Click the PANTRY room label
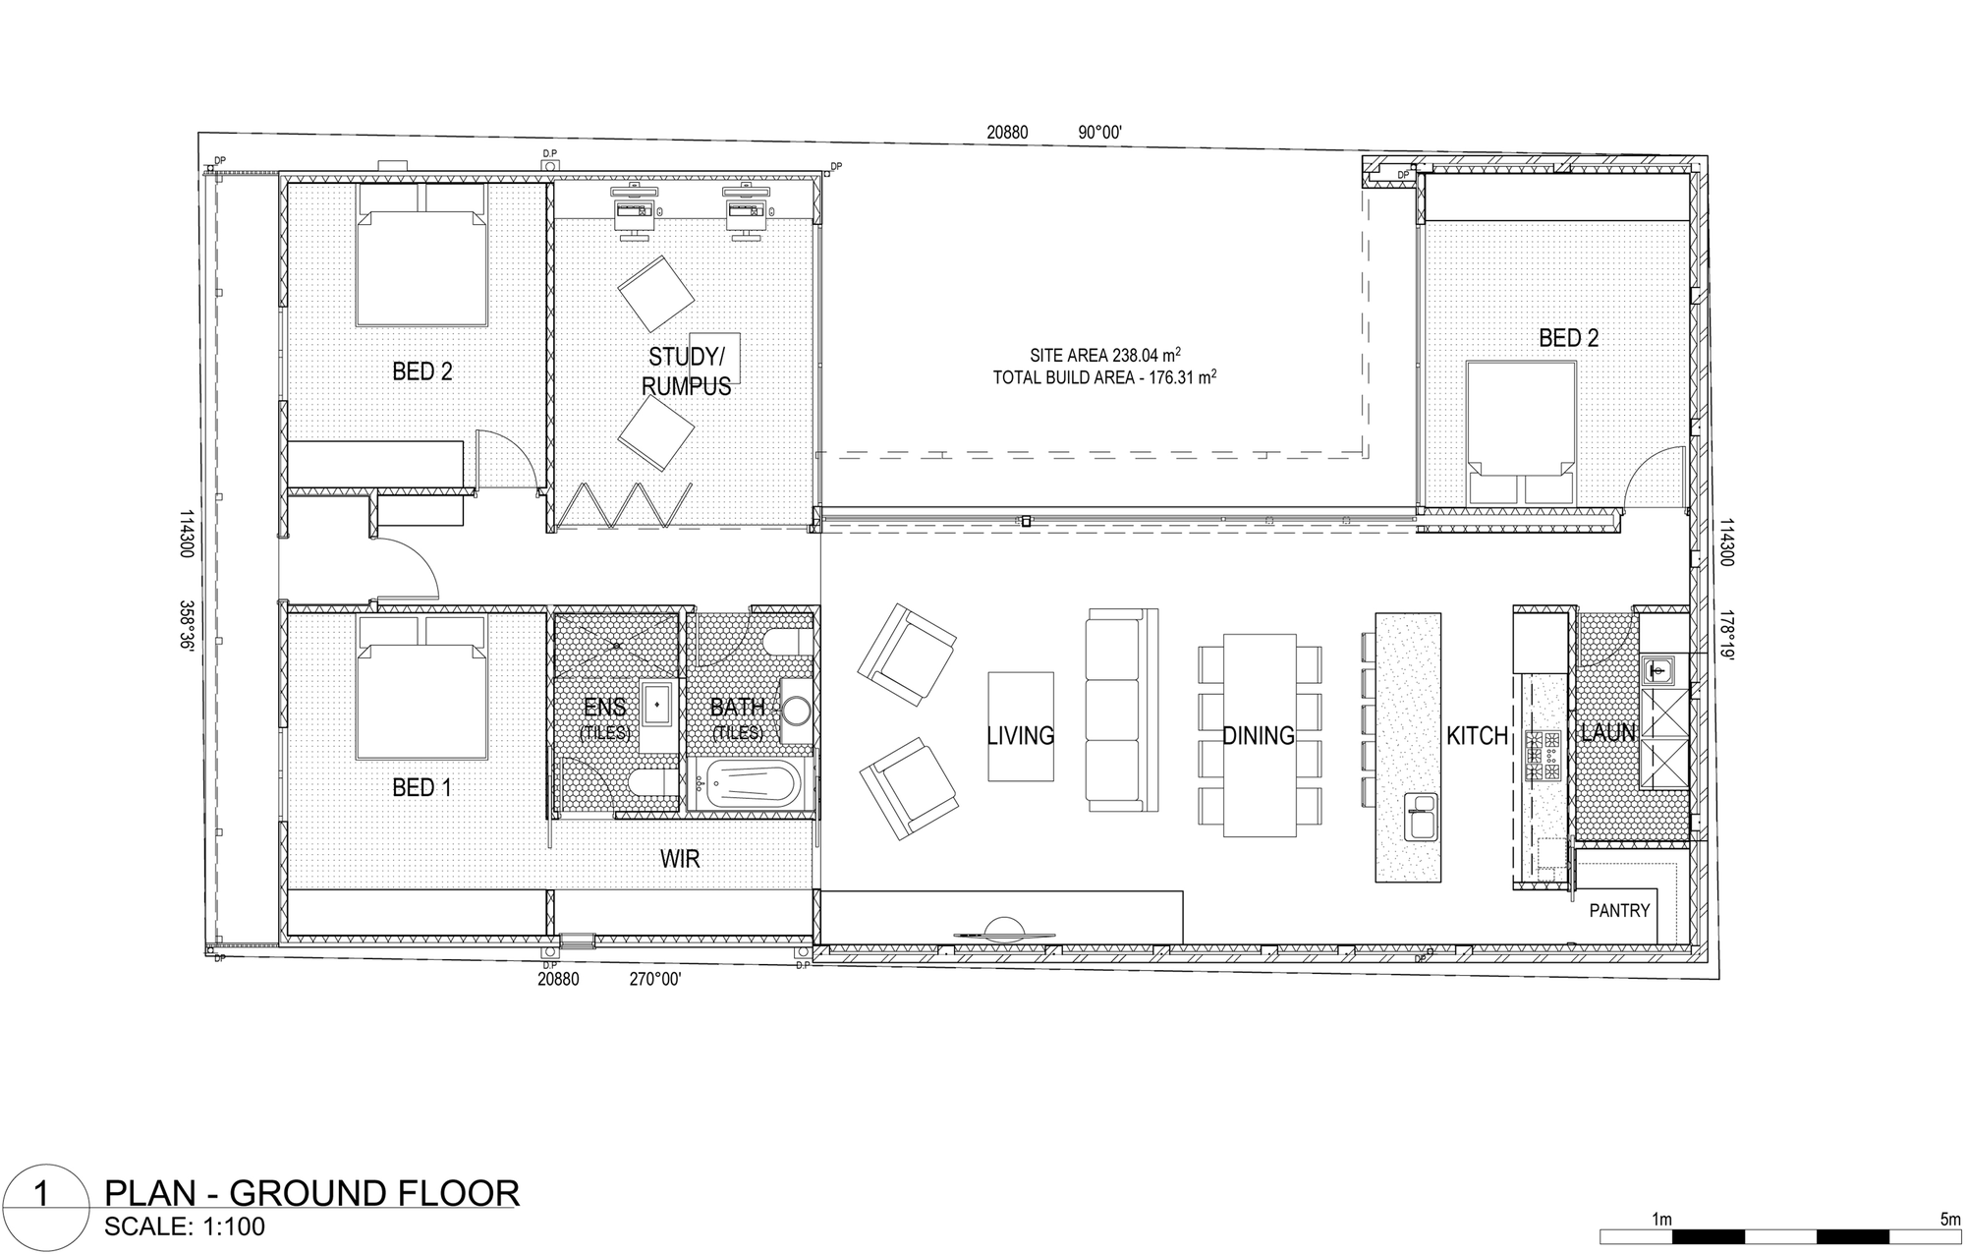1619,911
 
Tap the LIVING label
1021,735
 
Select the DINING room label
1259,735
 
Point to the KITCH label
1477,735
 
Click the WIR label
680,859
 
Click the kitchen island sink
1421,817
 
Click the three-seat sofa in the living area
1121,711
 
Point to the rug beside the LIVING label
1021,726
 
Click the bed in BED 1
421,688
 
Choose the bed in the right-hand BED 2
1521,433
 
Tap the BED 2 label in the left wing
421,371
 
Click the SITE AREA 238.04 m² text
1105,355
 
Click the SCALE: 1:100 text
185,1227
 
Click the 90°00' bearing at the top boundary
1099,133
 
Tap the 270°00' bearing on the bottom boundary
654,979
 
